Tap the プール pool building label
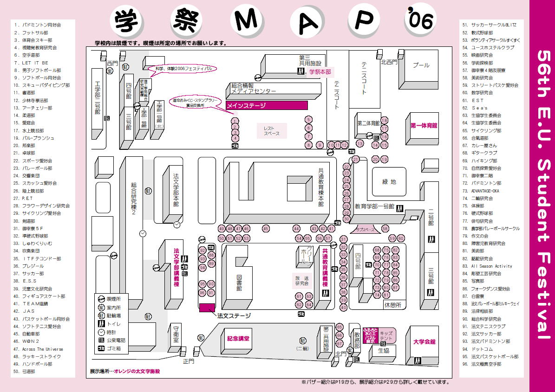[421, 65]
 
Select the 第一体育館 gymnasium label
[424, 126]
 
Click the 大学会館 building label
[424, 342]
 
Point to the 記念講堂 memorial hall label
[238, 339]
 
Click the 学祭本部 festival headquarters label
[320, 71]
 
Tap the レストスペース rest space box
[272, 131]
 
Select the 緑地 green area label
[389, 182]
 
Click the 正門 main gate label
[188, 360]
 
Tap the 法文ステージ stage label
[234, 315]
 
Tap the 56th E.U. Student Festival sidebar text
[542, 195]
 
